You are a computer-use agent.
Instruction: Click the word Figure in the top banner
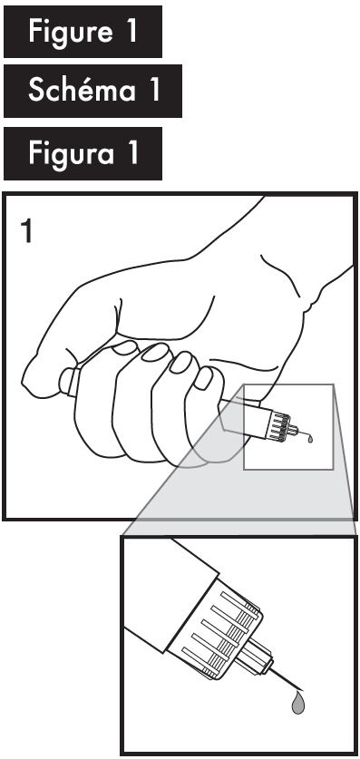pos(70,33)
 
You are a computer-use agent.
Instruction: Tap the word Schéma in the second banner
pos(82,90)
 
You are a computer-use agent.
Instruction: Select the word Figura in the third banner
pos(71,153)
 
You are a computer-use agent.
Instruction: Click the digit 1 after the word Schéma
pos(155,90)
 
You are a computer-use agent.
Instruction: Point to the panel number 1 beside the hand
pos(26,231)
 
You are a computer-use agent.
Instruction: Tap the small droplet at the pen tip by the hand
pos(309,438)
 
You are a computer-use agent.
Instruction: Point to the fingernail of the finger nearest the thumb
pos(126,347)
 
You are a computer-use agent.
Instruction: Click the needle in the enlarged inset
pos(287,681)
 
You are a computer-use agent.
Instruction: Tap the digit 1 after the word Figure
pos(131,32)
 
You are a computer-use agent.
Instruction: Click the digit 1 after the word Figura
pos(132,153)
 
